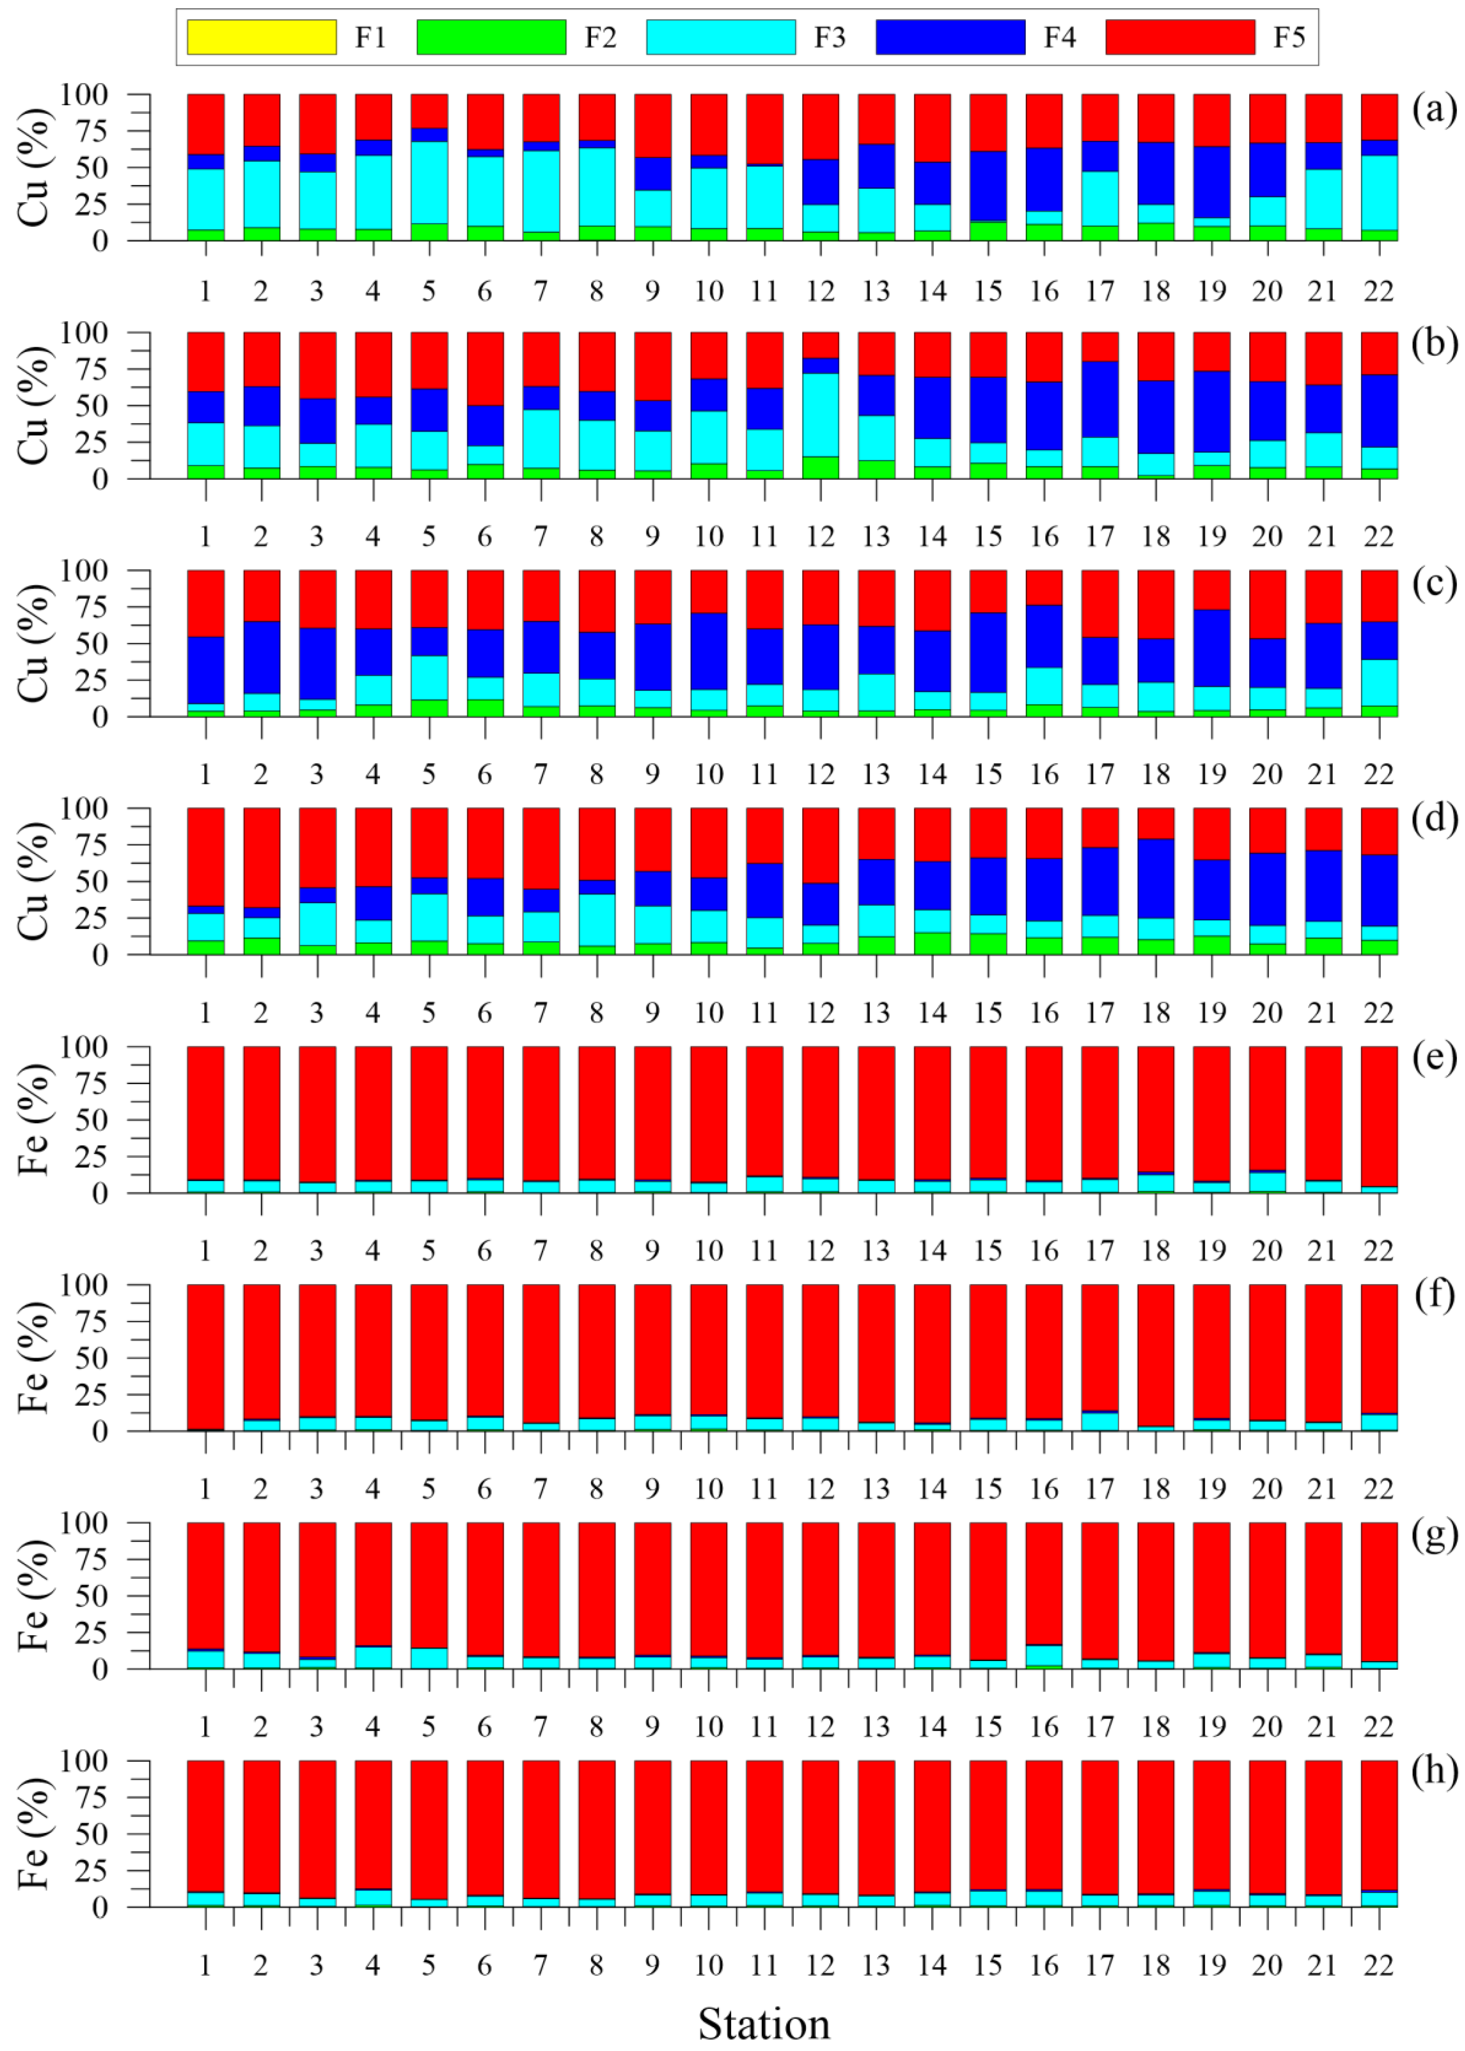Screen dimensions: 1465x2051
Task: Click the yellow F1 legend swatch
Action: (x=261, y=37)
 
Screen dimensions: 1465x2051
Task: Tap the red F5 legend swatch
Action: (x=1180, y=37)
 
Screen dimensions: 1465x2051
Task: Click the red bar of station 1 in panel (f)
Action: (x=206, y=1357)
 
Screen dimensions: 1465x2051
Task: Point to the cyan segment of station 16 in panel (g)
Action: (x=1044, y=1655)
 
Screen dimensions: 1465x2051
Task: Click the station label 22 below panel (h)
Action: (x=1378, y=1964)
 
